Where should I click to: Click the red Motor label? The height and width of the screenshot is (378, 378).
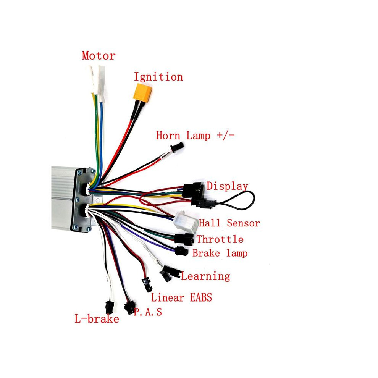99,56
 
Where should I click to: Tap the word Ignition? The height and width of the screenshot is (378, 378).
158,77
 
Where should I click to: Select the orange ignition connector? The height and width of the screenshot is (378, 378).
143,91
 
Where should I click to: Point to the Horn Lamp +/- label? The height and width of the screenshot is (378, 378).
195,136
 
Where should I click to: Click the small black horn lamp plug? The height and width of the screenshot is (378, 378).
177,147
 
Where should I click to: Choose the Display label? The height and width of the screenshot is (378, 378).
227,186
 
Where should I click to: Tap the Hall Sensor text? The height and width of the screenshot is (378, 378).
229,223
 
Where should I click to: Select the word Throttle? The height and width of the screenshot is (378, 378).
220,239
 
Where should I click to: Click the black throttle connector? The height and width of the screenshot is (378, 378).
184,239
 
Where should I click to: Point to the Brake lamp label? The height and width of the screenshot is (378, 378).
220,254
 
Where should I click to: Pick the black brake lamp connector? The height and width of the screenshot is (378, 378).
181,251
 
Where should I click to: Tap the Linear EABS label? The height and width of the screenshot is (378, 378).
181,297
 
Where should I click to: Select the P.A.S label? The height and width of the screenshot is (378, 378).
148,312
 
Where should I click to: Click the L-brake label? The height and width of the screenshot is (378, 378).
97,319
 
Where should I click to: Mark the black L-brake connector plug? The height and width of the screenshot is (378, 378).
110,307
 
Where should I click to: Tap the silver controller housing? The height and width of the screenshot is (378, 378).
63,198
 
